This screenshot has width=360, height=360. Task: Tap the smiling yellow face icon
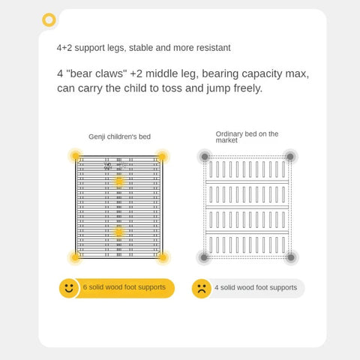[x=69, y=288]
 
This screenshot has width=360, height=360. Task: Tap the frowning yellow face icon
[x=202, y=289]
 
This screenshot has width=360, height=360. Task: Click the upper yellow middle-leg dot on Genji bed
[x=119, y=181]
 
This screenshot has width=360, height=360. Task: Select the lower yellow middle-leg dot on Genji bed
[x=119, y=232]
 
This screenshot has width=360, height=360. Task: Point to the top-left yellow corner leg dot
[x=76, y=156]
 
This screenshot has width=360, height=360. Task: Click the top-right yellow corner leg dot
[x=163, y=157]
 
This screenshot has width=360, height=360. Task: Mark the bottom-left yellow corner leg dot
[x=75, y=257]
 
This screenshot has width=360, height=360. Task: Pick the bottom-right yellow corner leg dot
[x=163, y=257]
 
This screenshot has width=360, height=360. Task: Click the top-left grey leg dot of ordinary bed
[x=205, y=157]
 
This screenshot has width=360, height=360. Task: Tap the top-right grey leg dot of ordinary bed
[x=290, y=157]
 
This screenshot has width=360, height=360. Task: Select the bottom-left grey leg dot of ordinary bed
[x=204, y=257]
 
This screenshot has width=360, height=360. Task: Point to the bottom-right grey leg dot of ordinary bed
[x=291, y=257]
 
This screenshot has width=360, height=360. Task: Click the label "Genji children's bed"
[x=119, y=136]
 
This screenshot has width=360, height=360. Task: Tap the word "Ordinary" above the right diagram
[x=229, y=134]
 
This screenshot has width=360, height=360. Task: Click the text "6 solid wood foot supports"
[x=124, y=287]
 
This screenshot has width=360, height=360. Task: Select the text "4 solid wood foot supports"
[x=256, y=287]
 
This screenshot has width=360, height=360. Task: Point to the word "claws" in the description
[x=109, y=73]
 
